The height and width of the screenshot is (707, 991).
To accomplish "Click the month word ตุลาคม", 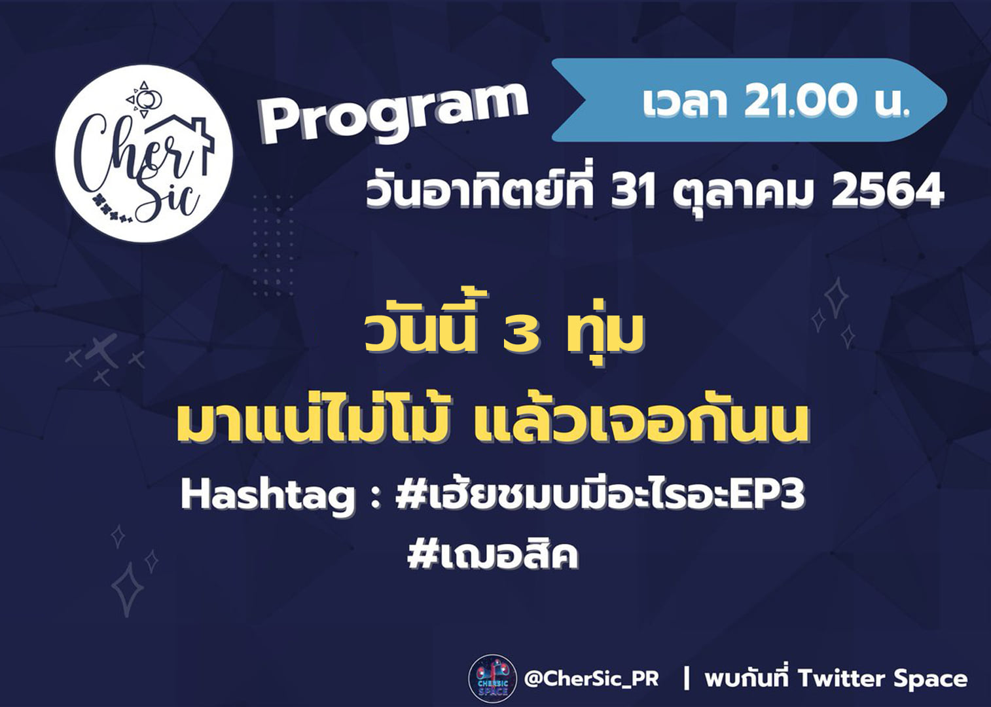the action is point(743,194).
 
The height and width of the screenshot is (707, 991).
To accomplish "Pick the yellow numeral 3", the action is point(521,334).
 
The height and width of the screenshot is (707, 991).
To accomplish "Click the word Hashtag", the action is point(268,496).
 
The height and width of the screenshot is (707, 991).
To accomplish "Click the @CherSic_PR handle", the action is point(592,678).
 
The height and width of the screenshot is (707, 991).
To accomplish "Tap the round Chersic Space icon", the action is point(492,679).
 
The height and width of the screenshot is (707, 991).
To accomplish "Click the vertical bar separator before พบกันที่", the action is point(687,679).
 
